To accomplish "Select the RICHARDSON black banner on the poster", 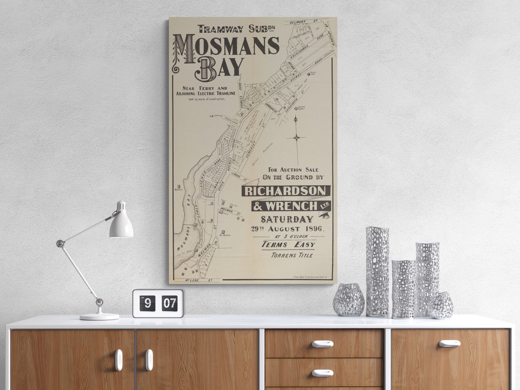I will coord(286,191).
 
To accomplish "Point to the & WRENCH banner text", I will coord(290,206).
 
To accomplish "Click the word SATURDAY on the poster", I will coord(287,219).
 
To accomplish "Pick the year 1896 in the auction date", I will coord(314,229).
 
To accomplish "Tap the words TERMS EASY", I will coord(288,245).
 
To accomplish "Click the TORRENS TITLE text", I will coord(292,255).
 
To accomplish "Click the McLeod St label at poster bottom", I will coord(191,280).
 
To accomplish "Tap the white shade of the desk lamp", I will coord(121,226).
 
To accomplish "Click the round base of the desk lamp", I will coord(99,316).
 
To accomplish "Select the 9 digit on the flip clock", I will coord(147,303).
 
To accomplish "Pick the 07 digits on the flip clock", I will coord(169,303).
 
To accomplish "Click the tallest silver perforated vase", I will coord(377,272).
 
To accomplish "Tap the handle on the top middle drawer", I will coord(322,344).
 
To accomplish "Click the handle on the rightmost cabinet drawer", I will coord(449,343).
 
